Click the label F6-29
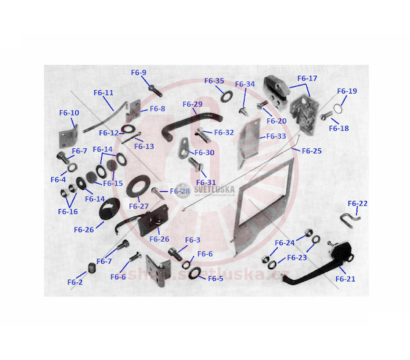tap(193, 104)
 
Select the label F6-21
tap(345, 279)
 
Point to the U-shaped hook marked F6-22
tap(350, 220)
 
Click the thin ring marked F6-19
tap(338, 109)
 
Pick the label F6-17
tap(307, 78)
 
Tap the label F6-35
tap(214, 81)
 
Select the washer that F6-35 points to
tap(227, 96)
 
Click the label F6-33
tap(276, 136)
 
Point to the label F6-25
tap(312, 151)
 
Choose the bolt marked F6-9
tap(155, 90)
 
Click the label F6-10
tap(69, 113)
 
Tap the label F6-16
tap(68, 212)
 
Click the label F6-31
tap(206, 182)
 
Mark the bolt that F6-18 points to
tap(327, 115)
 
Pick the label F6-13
tap(144, 146)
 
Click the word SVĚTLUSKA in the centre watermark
tap(214, 189)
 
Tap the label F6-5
tap(215, 279)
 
